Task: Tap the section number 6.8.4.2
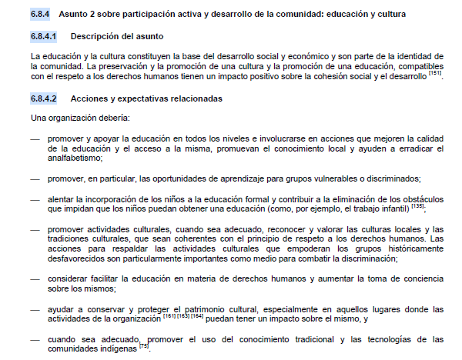click(x=46, y=98)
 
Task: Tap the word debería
click(x=113, y=118)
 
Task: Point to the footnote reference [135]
click(x=416, y=205)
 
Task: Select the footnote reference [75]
click(x=144, y=345)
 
